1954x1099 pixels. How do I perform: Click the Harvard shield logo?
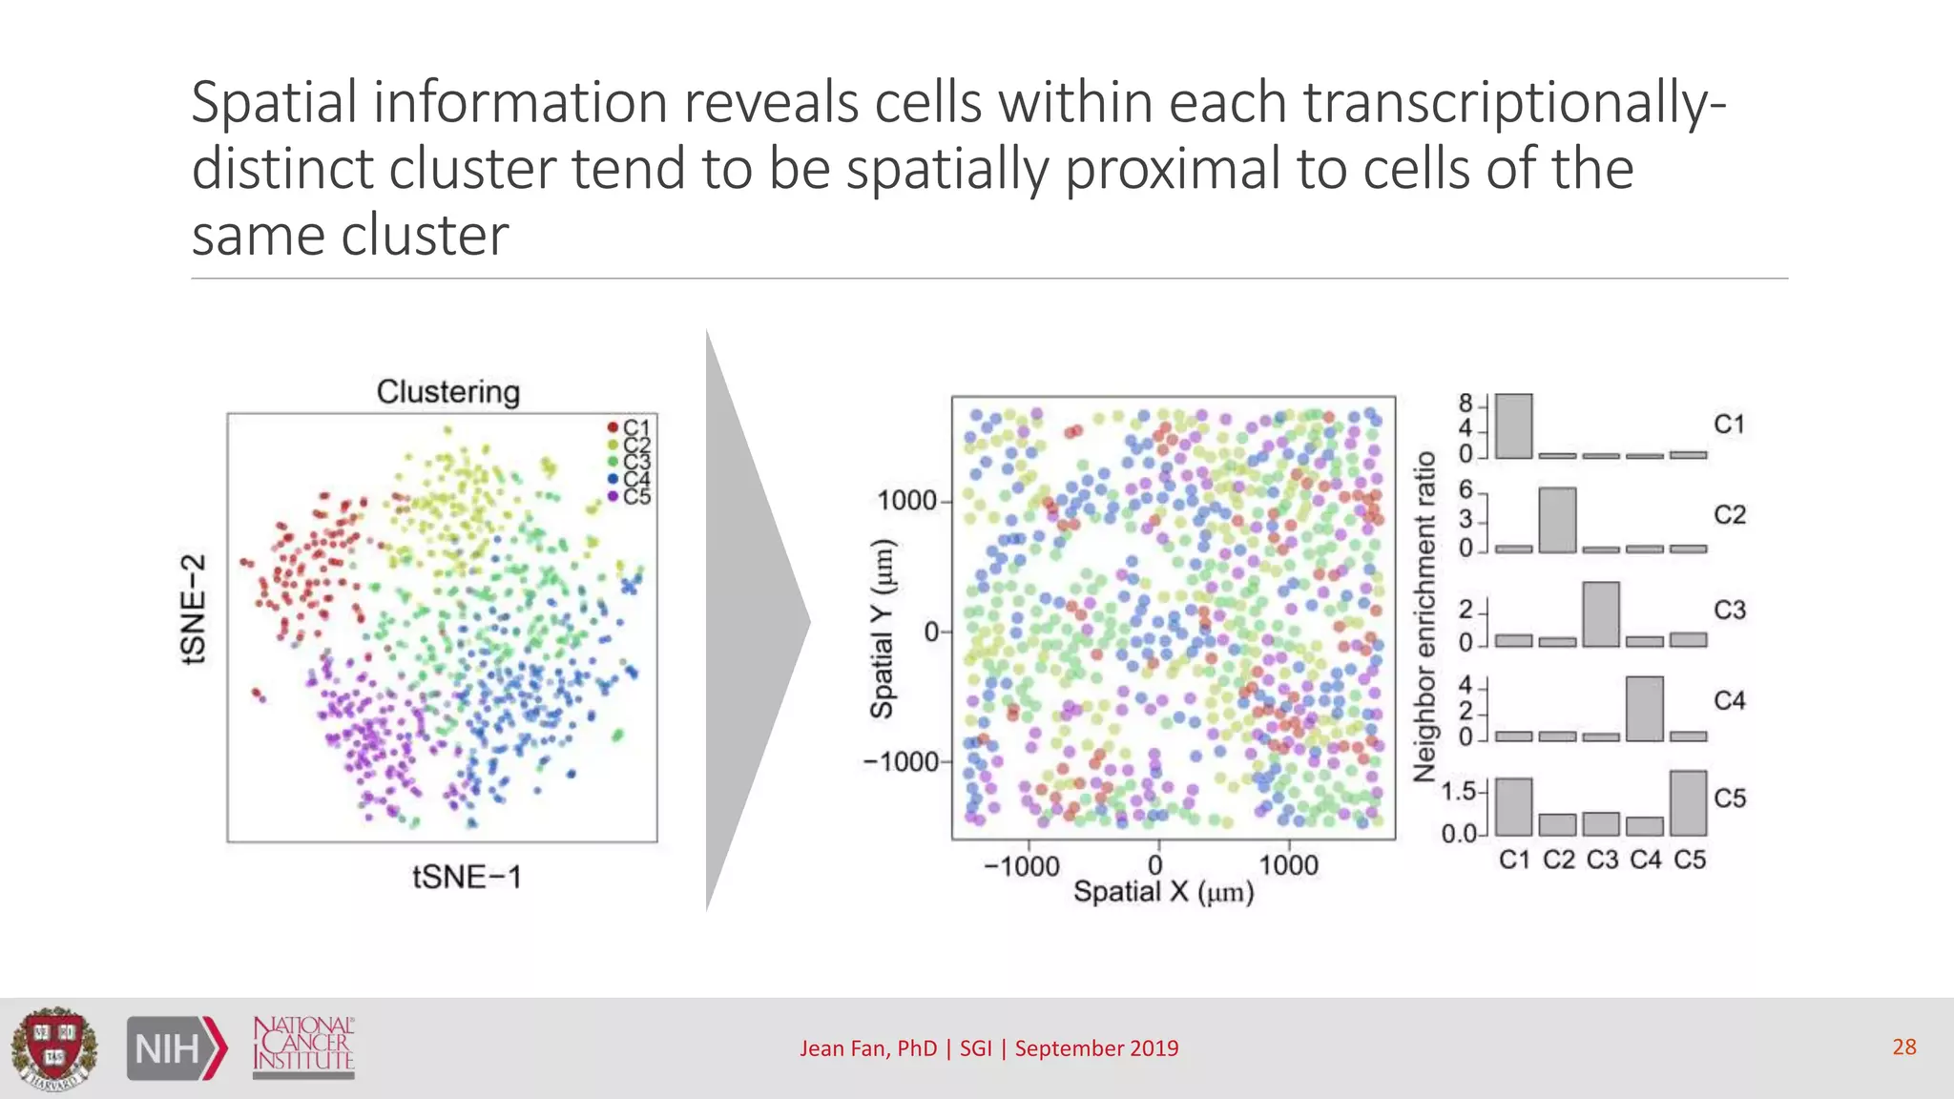[54, 1048]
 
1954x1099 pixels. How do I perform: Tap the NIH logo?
[177, 1048]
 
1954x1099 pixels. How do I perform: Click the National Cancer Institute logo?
[303, 1047]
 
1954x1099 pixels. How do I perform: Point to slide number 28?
[1903, 1047]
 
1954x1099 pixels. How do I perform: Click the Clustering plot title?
[447, 392]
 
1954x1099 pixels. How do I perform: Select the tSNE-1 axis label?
[467, 877]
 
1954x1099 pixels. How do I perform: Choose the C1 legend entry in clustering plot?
[630, 427]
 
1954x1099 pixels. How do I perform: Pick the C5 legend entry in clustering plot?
[630, 497]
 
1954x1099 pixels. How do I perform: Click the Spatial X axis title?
[1163, 892]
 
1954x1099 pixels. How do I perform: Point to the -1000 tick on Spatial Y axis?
[901, 761]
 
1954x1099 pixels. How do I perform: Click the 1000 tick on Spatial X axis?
[1288, 865]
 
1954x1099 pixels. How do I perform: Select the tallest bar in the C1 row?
[1513, 426]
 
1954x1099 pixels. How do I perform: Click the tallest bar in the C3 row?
[1600, 614]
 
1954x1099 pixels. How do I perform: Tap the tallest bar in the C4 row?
[1644, 709]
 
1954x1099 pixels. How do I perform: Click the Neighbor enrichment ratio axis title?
[1424, 616]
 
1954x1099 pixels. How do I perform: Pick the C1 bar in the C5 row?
[1513, 807]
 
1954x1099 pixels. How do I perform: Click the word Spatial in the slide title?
[274, 102]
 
